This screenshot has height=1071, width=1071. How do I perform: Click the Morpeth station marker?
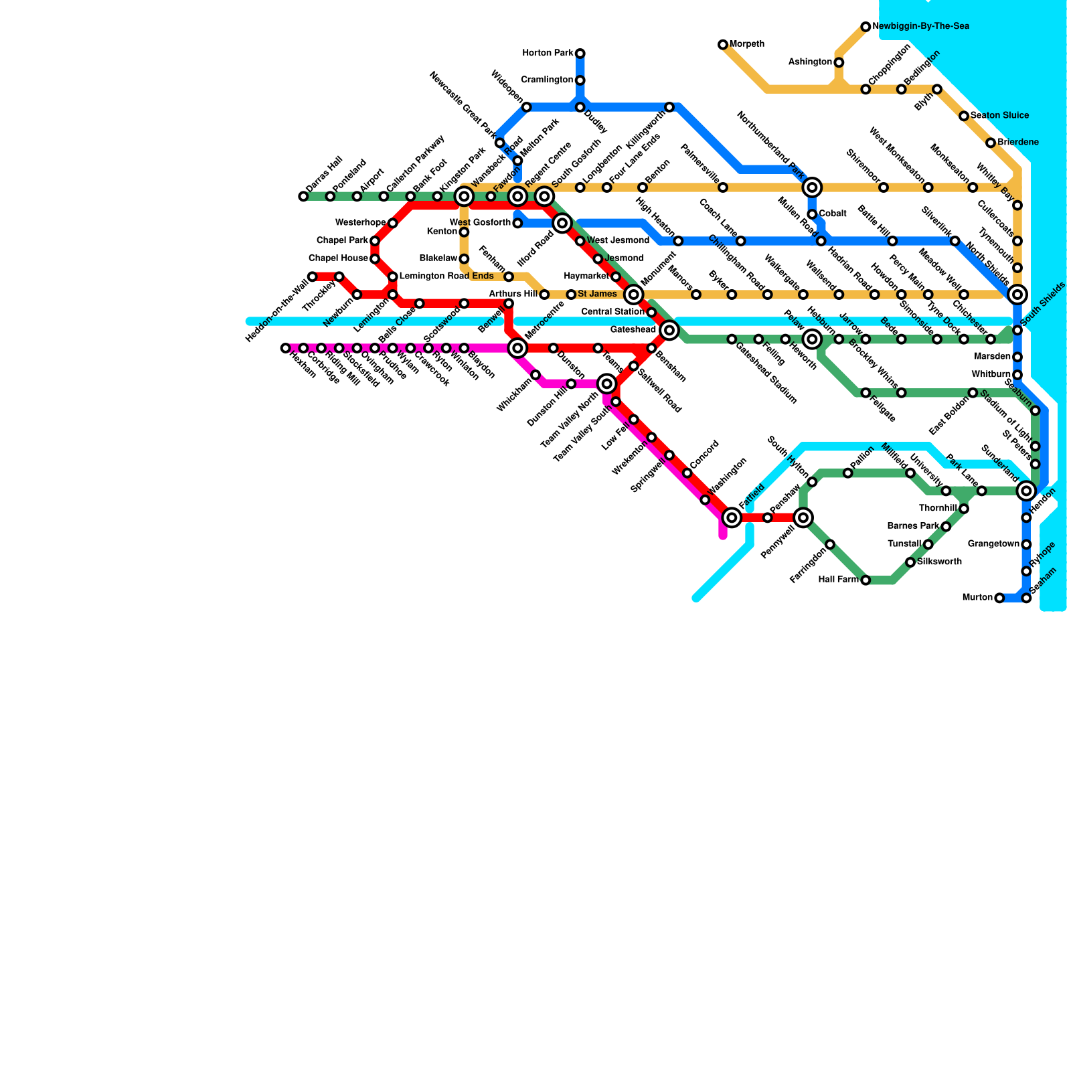coord(723,45)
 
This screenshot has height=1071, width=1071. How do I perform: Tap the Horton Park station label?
coord(548,54)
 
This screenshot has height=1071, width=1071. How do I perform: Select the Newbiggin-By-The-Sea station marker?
coord(866,27)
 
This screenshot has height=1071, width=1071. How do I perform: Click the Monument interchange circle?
coord(634,295)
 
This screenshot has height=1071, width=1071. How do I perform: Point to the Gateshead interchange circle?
coord(669,330)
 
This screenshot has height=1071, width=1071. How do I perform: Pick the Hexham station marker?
coord(286,348)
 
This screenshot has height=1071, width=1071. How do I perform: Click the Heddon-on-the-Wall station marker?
coord(313,276)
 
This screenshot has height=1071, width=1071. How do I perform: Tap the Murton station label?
coord(977,598)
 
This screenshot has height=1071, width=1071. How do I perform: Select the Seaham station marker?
coord(1026,598)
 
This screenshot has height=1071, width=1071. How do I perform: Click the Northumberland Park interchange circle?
coord(812,187)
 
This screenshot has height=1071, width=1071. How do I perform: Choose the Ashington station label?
coord(810,62)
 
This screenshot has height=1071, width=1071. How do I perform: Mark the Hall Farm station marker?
coord(866,580)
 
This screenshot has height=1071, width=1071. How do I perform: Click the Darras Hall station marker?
coord(303,196)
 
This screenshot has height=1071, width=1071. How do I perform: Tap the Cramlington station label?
coord(547,80)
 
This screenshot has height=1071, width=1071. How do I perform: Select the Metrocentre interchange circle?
coord(517,348)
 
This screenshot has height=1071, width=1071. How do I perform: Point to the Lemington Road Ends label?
coord(446,276)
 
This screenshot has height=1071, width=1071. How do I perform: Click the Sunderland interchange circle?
coord(1026,491)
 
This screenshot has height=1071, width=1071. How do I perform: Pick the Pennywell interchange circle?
coord(803,517)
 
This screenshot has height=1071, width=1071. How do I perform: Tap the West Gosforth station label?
coord(480,223)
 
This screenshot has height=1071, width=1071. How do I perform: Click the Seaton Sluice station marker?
coord(964,116)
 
